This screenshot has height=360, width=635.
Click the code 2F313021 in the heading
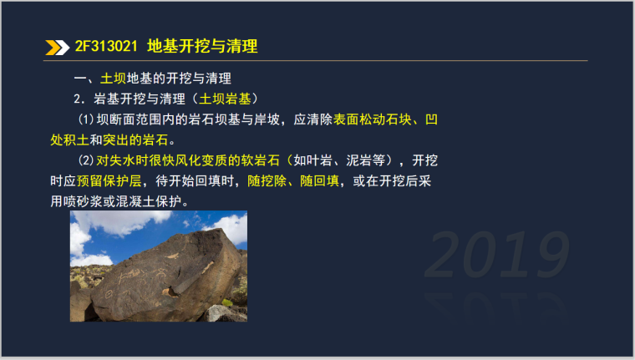click(106, 46)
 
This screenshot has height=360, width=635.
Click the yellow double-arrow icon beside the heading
click(57, 47)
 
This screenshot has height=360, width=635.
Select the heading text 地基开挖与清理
click(201, 46)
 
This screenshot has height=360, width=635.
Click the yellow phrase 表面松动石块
click(373, 119)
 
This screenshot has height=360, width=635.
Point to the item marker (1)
click(87, 119)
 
